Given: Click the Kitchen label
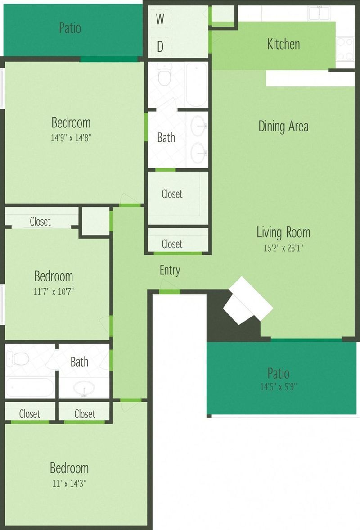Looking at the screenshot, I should click(x=283, y=44).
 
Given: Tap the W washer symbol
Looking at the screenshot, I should click(x=160, y=19).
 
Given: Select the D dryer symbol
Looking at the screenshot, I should click(x=160, y=47).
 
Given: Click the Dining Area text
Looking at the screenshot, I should click(x=283, y=126).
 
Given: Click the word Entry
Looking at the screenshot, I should click(x=170, y=270).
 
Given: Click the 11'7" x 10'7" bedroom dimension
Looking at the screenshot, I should click(x=54, y=291).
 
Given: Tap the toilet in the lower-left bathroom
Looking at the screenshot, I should click(x=19, y=359).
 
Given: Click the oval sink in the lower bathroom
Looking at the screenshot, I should click(x=84, y=388).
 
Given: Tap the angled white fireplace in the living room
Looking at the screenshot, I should click(x=248, y=300).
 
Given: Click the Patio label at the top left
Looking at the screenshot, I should click(x=70, y=28).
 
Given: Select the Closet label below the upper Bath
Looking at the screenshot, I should click(x=172, y=194).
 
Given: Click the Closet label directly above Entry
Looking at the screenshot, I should click(x=172, y=244).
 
